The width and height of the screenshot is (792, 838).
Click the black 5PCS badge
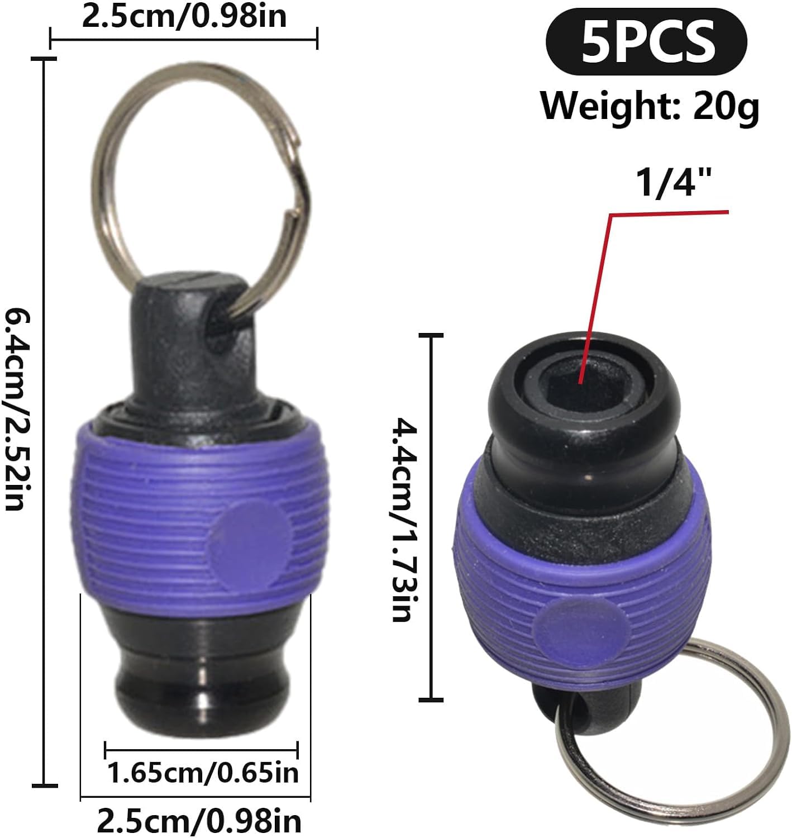click(646, 42)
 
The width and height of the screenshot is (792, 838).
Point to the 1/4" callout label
click(674, 183)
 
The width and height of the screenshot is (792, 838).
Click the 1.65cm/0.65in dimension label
click(203, 773)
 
